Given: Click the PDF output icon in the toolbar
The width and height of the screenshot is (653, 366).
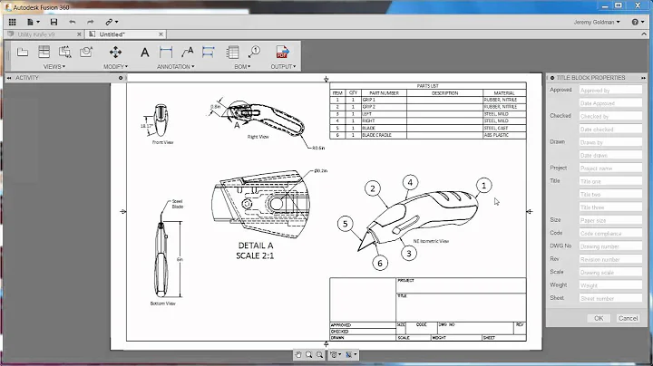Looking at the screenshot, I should pyautogui.click(x=281, y=53).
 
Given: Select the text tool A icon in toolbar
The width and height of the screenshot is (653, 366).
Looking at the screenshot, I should pyautogui.click(x=145, y=53).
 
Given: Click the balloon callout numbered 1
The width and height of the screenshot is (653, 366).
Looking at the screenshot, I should pyautogui.click(x=483, y=185).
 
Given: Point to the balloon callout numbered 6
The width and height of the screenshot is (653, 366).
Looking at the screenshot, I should pyautogui.click(x=380, y=263).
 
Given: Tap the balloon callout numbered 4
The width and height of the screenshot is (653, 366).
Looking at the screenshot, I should pyautogui.click(x=410, y=182).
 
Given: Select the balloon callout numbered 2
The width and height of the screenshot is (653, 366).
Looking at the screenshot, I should pyautogui.click(x=372, y=188).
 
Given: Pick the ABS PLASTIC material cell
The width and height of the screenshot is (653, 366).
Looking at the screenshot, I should pyautogui.click(x=499, y=135).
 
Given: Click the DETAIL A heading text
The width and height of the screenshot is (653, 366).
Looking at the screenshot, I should pyautogui.click(x=256, y=246).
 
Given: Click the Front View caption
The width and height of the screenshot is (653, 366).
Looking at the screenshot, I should pyautogui.click(x=162, y=142).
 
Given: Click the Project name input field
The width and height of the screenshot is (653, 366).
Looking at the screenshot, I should pyautogui.click(x=609, y=168).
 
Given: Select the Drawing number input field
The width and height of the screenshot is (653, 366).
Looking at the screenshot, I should pyautogui.click(x=609, y=246).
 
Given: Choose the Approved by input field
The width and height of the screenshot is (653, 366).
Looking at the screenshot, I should pyautogui.click(x=609, y=91).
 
